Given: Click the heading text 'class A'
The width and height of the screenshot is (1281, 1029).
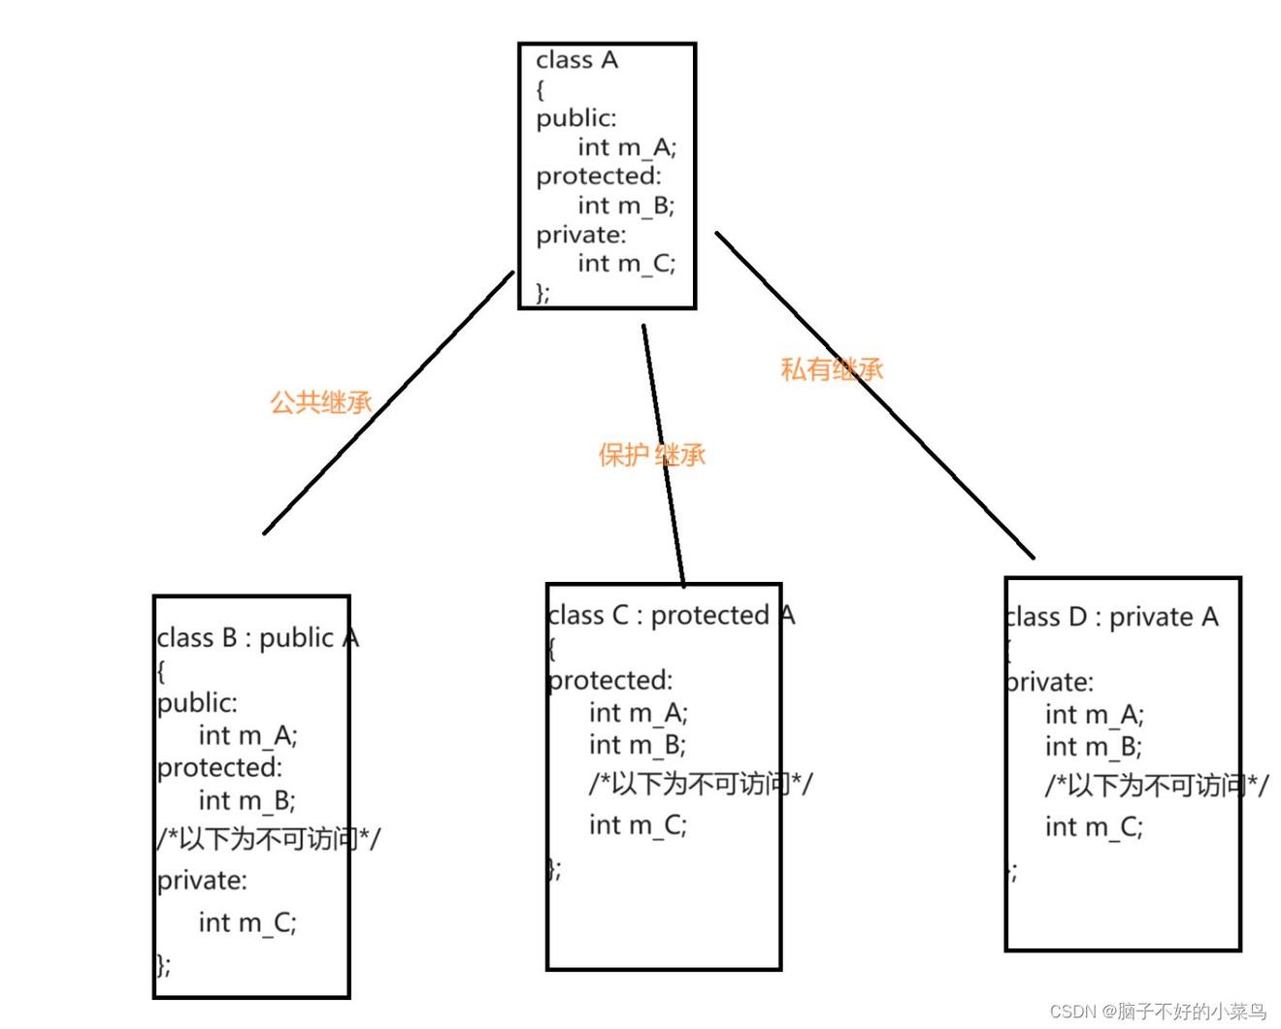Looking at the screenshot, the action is click(x=576, y=60).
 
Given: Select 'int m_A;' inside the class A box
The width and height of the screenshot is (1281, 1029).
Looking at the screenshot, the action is click(x=628, y=147).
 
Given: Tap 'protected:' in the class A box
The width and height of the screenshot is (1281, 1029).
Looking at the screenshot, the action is click(x=599, y=177).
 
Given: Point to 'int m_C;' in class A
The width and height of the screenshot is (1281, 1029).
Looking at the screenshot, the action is click(x=627, y=264).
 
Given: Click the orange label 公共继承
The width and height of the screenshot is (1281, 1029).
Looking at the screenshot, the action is click(x=321, y=402).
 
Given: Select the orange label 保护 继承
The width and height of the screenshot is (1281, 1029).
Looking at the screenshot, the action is click(x=652, y=455).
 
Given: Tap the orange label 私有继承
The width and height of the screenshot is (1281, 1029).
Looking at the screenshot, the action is click(x=832, y=370).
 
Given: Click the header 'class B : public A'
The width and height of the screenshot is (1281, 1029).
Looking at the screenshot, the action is click(x=258, y=638).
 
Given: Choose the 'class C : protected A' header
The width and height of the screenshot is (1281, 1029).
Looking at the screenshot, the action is click(x=671, y=615).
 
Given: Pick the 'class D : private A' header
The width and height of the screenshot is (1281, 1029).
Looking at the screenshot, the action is click(x=1111, y=618).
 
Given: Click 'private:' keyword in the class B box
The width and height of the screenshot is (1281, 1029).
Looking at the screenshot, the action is click(x=203, y=881).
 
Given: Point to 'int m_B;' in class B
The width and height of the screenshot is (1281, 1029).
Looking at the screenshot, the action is click(x=247, y=800).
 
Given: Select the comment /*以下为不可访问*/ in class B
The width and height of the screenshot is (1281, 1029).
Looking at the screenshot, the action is click(x=269, y=839).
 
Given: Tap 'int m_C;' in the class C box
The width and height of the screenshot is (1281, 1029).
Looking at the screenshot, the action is click(x=639, y=825).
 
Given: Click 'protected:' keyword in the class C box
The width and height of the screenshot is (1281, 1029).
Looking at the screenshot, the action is click(x=610, y=681).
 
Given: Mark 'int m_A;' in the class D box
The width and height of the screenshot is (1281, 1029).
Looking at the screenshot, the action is click(x=1095, y=715).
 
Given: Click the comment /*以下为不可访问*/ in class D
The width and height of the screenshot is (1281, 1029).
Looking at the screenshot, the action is click(x=1157, y=786).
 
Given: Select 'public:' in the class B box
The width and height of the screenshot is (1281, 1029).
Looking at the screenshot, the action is click(x=198, y=704).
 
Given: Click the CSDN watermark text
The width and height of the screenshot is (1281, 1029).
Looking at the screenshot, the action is click(x=1158, y=1011).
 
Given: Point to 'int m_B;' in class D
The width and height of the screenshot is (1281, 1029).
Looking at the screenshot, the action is click(x=1094, y=747).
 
